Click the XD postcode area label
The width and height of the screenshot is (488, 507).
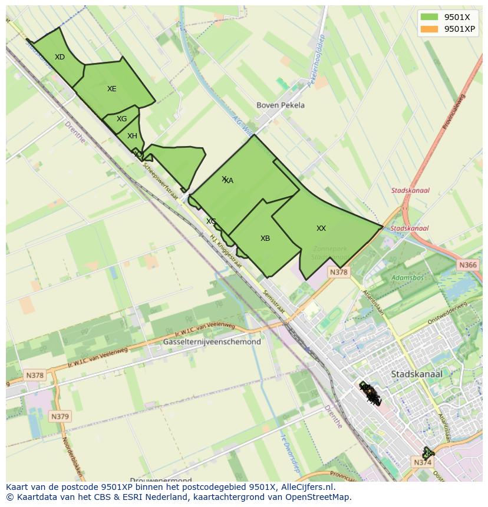coord(60,57)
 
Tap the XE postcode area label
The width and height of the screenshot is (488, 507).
coord(111,89)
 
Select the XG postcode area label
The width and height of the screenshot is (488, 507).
coord(121,119)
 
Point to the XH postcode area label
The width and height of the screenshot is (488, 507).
coord(132,136)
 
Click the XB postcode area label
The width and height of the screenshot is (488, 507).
coord(265,238)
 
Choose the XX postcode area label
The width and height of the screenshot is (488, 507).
coord(321,228)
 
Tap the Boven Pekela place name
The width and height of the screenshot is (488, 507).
coord(281,105)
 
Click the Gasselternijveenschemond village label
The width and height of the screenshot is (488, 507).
coord(212,342)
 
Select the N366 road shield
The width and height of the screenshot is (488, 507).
coord(467,266)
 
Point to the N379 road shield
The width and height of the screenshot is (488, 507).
coord(60,416)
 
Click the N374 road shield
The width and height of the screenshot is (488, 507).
coord(423,463)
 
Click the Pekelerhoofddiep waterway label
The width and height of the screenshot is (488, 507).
coord(316,61)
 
